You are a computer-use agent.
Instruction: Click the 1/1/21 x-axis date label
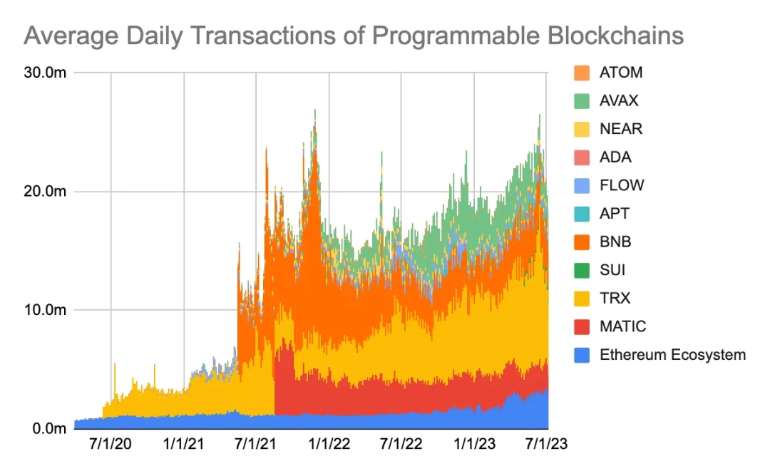pyautogui.click(x=184, y=444)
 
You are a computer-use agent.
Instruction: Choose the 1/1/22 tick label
pyautogui.click(x=329, y=444)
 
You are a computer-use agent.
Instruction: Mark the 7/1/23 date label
pyautogui.click(x=546, y=444)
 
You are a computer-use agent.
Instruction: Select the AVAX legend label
pyautogui.click(x=620, y=100)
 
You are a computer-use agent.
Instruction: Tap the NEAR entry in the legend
pyautogui.click(x=621, y=129)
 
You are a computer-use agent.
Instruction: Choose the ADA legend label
pyautogui.click(x=615, y=157)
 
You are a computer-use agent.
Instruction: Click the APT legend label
pyautogui.click(x=615, y=214)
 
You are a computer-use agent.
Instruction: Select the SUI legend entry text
pyautogui.click(x=612, y=270)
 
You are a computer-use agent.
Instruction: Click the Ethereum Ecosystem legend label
pyautogui.click(x=672, y=355)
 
